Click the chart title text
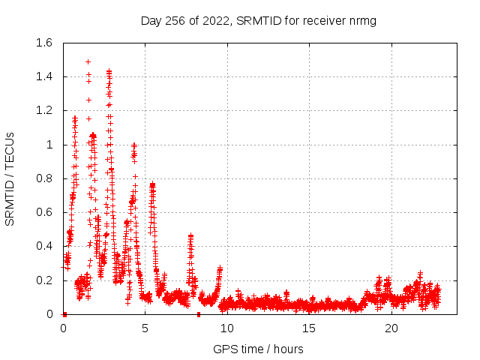[258, 20]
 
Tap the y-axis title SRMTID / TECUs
[10, 178]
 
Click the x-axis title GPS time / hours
[258, 349]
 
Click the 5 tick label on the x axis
[145, 328]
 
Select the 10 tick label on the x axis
[227, 328]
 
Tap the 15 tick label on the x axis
[310, 328]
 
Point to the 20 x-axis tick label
[391, 328]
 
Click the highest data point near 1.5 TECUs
[88, 61]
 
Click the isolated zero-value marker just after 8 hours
[199, 314]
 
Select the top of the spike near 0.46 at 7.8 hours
[190, 235]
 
